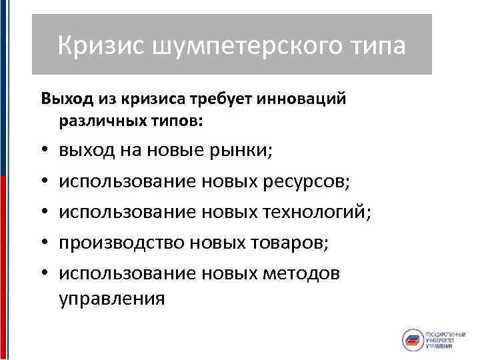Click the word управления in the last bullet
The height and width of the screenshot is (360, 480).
111,298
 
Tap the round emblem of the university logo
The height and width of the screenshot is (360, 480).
413,339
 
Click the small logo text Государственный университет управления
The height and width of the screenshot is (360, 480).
446,339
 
